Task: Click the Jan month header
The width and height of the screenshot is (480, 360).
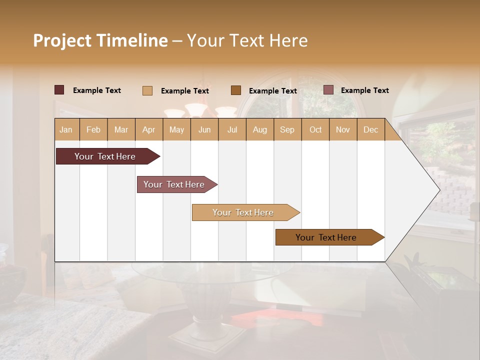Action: (66, 129)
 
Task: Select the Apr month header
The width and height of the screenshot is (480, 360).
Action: (149, 129)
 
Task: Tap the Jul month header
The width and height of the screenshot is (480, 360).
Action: (232, 129)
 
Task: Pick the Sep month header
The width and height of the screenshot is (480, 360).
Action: (287, 129)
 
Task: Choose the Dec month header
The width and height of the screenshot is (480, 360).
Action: (371, 129)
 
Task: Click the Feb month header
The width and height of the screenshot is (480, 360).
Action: (93, 129)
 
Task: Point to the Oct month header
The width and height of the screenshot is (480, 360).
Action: (315, 129)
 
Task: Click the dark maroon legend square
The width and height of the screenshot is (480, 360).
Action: (59, 90)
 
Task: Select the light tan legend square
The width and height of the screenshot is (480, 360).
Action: (147, 90)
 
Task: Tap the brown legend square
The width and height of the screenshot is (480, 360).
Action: (236, 90)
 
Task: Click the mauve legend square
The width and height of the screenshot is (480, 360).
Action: (328, 90)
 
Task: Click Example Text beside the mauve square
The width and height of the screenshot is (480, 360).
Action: (364, 90)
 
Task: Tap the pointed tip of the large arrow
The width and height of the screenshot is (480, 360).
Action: (438, 190)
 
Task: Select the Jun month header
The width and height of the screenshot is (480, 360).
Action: (204, 129)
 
